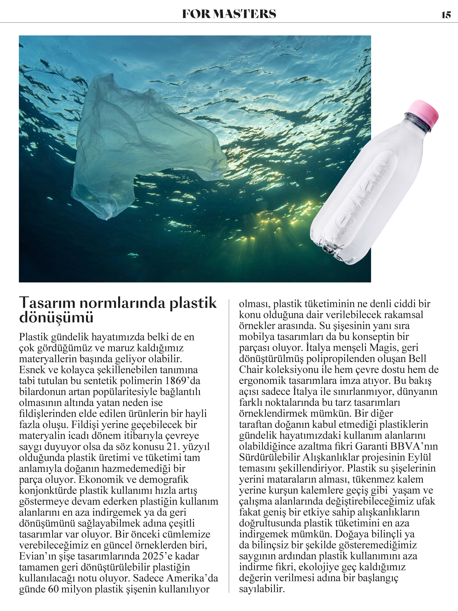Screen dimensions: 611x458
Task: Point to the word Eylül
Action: point(419,457)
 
